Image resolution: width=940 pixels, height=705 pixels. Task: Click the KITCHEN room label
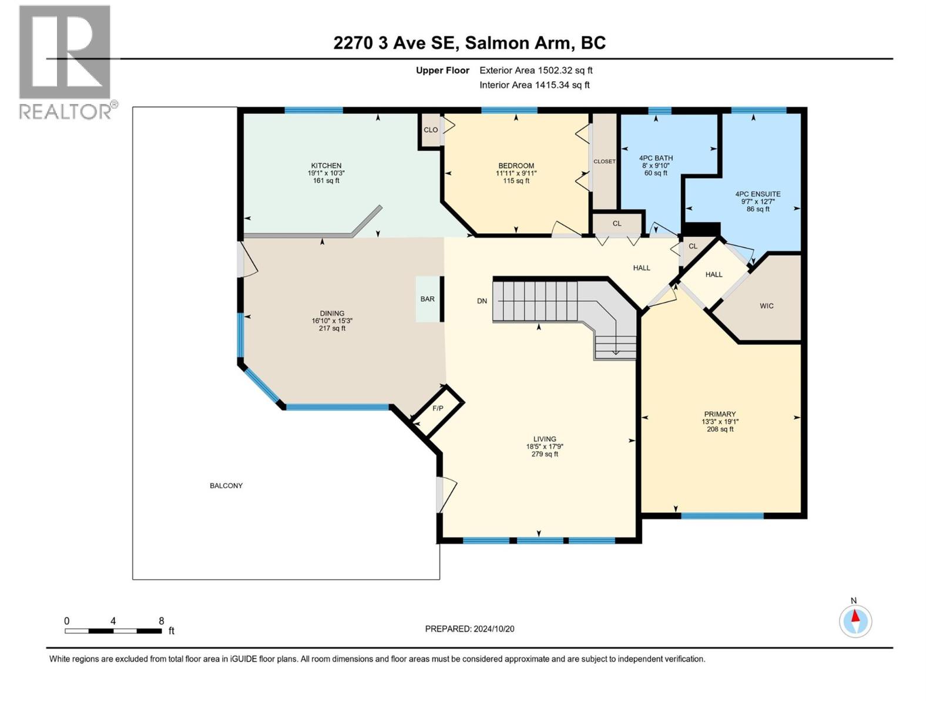coord(326,166)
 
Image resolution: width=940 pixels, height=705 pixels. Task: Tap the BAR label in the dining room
coord(427,299)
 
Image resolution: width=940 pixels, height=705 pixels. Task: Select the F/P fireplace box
coord(438,408)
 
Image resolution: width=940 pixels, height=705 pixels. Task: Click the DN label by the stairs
coord(482,301)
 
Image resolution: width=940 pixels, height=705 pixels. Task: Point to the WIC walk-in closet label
coord(766,306)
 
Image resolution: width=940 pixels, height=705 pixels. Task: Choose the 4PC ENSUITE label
coord(757,194)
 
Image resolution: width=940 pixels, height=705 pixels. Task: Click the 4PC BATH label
coord(656,158)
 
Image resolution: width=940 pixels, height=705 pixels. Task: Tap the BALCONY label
coord(226,486)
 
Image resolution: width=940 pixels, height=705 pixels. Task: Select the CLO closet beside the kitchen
coord(431,130)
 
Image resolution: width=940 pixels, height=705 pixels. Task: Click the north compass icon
coord(855,621)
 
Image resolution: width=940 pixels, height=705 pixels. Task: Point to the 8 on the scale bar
coord(161,621)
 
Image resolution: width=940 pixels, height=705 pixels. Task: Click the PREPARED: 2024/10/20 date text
coord(469,629)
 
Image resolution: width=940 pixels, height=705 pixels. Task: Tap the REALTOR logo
coord(66,62)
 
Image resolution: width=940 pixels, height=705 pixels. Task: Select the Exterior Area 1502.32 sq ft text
coord(535,70)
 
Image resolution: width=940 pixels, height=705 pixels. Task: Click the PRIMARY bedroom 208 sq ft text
coord(720,429)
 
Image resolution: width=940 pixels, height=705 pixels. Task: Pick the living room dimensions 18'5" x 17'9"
coord(545,446)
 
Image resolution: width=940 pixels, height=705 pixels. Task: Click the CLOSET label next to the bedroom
coord(604,162)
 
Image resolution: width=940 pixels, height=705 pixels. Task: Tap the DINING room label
coord(332,313)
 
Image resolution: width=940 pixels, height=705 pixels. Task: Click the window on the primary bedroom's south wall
coord(722,516)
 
